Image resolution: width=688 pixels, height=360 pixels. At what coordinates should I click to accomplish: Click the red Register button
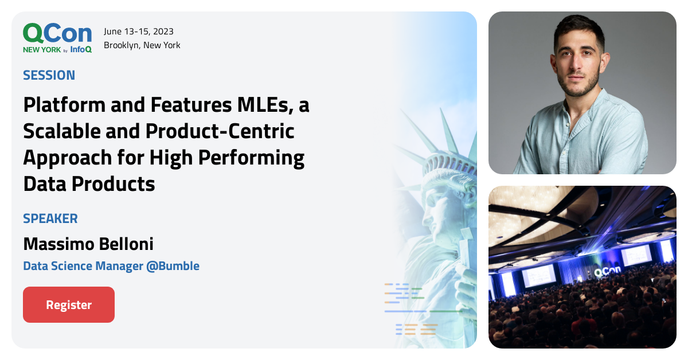[x=69, y=304]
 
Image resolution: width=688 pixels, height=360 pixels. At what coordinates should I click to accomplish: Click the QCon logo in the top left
[x=57, y=34]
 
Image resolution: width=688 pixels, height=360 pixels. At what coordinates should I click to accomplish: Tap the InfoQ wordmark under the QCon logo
[x=81, y=50]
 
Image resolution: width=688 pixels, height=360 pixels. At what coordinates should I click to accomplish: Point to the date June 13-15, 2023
[x=139, y=32]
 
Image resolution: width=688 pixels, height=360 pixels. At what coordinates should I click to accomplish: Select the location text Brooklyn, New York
[x=142, y=45]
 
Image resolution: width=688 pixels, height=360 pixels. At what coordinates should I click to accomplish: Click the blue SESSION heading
[x=49, y=75]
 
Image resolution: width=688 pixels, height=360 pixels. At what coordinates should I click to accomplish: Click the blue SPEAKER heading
[x=50, y=218]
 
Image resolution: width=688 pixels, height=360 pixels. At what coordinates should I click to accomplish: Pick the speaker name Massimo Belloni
[x=88, y=244]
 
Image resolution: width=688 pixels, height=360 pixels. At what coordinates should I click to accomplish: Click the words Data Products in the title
[x=89, y=184]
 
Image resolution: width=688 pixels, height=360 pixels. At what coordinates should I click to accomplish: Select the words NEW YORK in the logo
[x=42, y=50]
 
